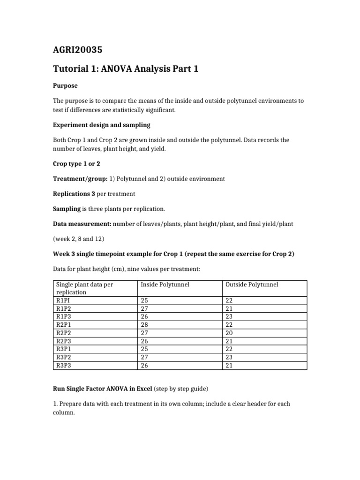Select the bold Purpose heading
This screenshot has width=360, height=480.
tap(65, 86)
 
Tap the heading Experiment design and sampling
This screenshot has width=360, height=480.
tap(101, 125)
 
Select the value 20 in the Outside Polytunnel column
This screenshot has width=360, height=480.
tap(229, 333)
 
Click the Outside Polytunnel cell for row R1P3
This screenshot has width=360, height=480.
tap(229, 316)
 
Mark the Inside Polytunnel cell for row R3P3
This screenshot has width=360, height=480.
tap(144, 365)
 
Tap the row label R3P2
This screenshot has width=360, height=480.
tap(63, 357)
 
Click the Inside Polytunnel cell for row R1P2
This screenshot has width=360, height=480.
tap(144, 308)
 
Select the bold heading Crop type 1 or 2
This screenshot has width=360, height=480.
tap(76, 164)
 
